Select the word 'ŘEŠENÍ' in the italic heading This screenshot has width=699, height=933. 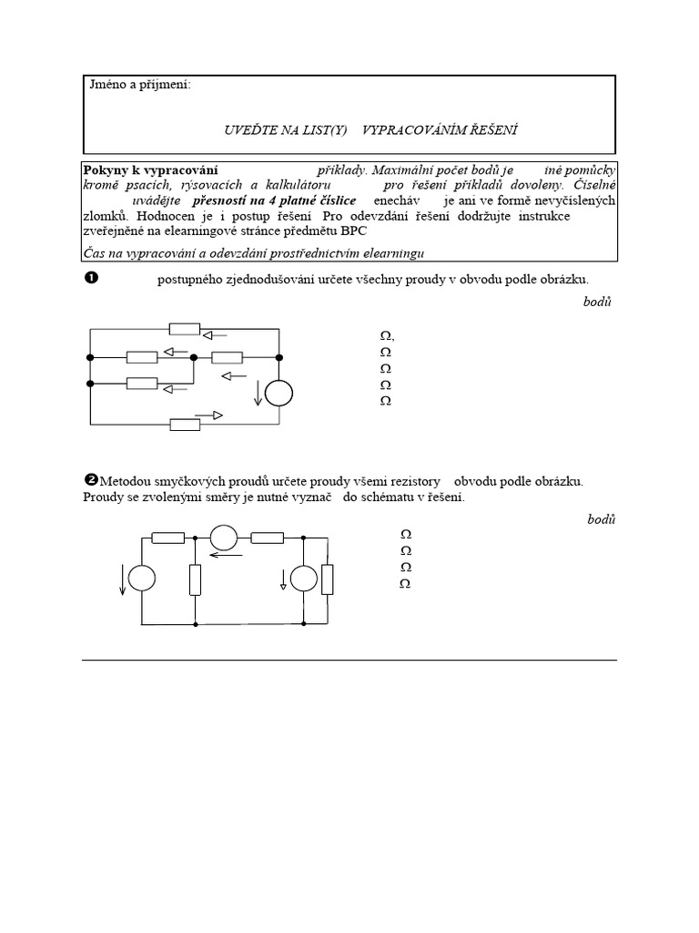coord(493,130)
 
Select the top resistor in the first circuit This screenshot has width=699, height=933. coord(185,329)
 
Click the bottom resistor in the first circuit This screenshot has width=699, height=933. coord(185,423)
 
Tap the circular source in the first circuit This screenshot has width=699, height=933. coord(279,393)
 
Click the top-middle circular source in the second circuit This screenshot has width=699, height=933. coord(224,538)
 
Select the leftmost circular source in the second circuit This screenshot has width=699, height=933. coord(141,579)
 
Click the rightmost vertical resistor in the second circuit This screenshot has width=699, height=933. coord(327,579)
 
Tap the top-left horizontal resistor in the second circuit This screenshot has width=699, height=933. coord(168,538)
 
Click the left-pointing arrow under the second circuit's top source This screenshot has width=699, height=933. coord(228,553)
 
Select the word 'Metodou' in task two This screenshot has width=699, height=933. coord(127,481)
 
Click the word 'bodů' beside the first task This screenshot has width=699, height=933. coord(598,302)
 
